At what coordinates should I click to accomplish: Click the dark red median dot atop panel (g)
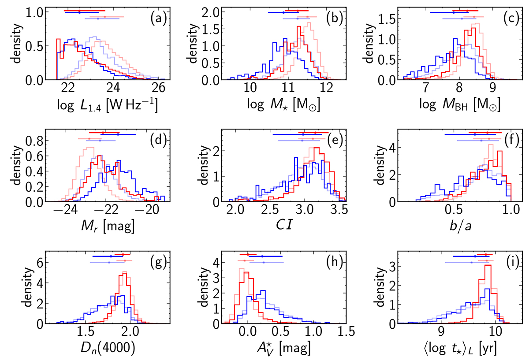click(x=122, y=254)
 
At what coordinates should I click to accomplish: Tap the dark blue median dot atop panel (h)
click(x=262, y=256)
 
